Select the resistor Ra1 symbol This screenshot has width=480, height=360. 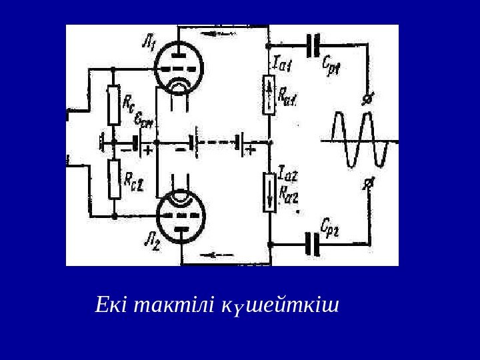(x=269, y=94)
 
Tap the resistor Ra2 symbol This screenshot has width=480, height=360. (x=269, y=191)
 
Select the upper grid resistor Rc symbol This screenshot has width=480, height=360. (x=114, y=105)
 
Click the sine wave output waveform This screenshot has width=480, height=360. (x=360, y=141)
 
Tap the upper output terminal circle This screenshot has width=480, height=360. (x=366, y=100)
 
